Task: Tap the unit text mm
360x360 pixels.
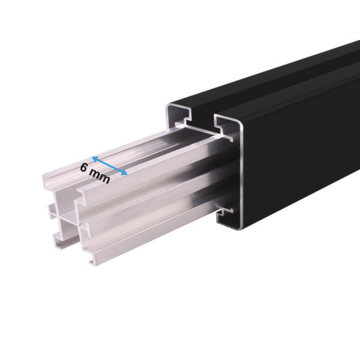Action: point(100,176)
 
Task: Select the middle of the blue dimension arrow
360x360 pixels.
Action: point(109,166)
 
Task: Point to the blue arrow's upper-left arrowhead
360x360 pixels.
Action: point(94,159)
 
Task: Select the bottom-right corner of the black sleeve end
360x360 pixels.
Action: point(240,228)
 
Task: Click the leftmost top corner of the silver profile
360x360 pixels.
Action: point(43,176)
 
